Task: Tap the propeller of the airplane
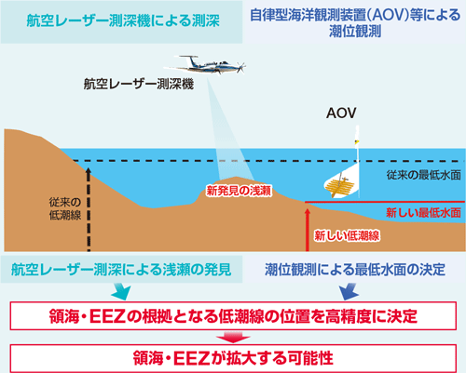coord(241,67)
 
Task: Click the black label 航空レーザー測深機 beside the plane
coord(139,84)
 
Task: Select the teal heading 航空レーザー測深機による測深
coord(123,20)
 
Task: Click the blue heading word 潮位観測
coord(355,32)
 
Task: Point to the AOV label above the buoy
coord(341,113)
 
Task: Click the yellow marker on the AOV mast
coord(356,142)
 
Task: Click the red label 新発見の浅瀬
coord(239,191)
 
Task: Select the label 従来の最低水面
coord(423,175)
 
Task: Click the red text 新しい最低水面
coord(423,213)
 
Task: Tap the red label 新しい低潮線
coord(347,236)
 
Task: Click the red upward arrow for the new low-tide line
coord(308,230)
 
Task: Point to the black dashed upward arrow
coord(89,209)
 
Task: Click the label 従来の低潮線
coord(65,208)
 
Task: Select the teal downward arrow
coord(121,291)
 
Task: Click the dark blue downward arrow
coord(349,291)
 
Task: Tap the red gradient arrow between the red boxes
coord(233,337)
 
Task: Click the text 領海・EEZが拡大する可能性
coord(233,358)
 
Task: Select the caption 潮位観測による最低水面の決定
coord(355,270)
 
